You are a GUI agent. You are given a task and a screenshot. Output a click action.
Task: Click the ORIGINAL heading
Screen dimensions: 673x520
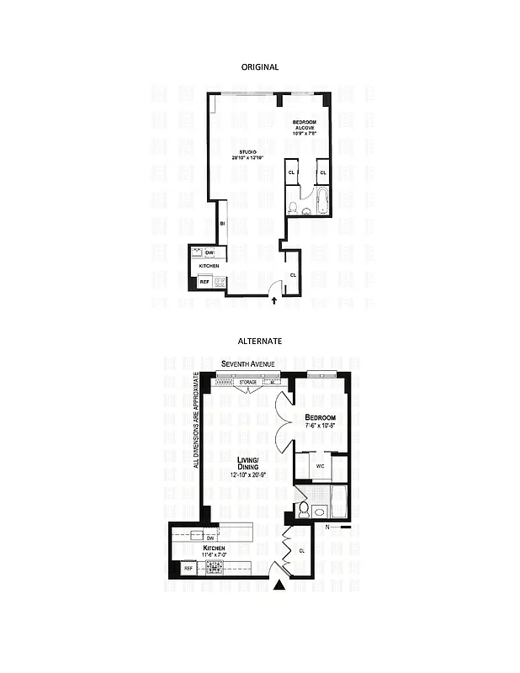coord(259,66)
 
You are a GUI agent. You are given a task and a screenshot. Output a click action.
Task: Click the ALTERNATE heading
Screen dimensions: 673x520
coord(259,342)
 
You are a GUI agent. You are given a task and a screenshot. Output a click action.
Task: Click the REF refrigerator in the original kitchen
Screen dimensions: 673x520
coord(204,282)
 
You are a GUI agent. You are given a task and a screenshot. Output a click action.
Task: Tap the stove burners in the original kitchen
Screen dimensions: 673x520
coord(220,282)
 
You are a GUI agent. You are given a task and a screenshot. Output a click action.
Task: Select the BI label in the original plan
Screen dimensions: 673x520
coord(222,224)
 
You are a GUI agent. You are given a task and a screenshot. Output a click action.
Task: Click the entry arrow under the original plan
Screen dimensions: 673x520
coord(273,299)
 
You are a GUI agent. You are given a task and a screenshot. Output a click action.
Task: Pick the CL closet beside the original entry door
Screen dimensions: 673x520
coord(293,275)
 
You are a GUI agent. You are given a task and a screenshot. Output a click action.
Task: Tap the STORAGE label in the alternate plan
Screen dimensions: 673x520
coord(248,382)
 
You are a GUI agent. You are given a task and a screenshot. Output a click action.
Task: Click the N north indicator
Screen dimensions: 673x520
coord(327,527)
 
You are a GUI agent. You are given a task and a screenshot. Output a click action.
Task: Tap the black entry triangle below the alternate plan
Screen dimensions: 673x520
coord(281,587)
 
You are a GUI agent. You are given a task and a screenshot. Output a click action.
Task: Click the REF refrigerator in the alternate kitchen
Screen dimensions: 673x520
coord(188,569)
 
